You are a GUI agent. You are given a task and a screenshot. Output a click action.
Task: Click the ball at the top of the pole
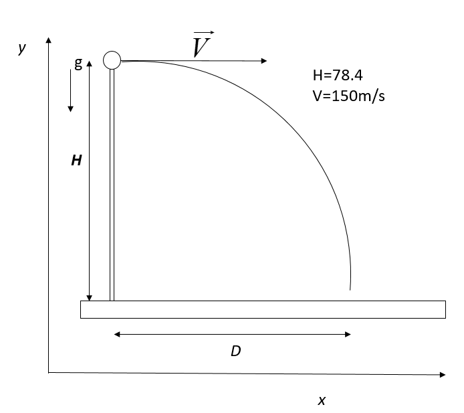tap(112, 60)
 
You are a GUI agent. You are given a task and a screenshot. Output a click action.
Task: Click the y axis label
tap(22, 48)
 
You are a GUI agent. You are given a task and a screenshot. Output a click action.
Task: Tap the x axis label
tap(322, 400)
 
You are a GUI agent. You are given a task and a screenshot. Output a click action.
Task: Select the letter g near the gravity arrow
tap(78, 63)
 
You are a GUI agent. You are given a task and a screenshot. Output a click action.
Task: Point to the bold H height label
tap(77, 160)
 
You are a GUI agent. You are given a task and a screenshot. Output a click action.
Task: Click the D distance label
tap(236, 351)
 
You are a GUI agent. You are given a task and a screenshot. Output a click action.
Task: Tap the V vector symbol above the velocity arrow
tap(202, 44)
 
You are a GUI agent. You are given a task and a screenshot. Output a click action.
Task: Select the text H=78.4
tap(338, 75)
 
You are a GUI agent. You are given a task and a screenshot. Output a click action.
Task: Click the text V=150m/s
tap(349, 96)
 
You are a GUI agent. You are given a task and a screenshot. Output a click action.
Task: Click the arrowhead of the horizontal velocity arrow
tap(264, 61)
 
